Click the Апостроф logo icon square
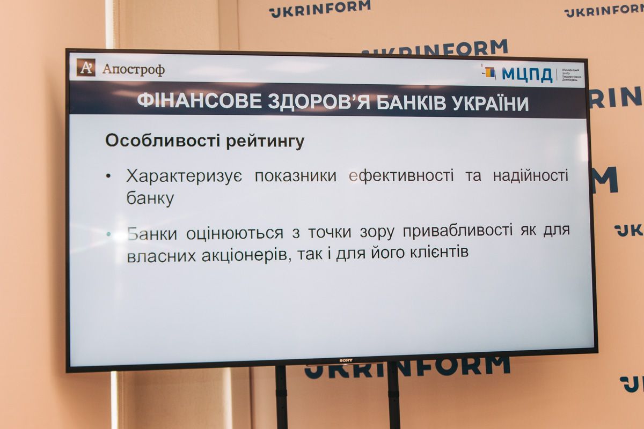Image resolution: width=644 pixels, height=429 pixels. coord(85,68)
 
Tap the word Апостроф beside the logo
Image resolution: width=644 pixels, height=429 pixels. coord(133,69)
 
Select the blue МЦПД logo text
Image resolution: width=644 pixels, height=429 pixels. coord(526,74)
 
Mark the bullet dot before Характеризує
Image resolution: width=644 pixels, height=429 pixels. coord(109,176)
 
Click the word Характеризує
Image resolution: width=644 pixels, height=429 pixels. coord(185,176)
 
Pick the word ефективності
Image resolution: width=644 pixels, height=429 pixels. coord(400,176)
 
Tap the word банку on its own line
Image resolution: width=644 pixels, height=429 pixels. coord(150,198)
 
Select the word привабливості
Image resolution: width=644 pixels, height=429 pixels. coord(447,232)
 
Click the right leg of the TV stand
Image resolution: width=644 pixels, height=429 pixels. coord(393,397)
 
